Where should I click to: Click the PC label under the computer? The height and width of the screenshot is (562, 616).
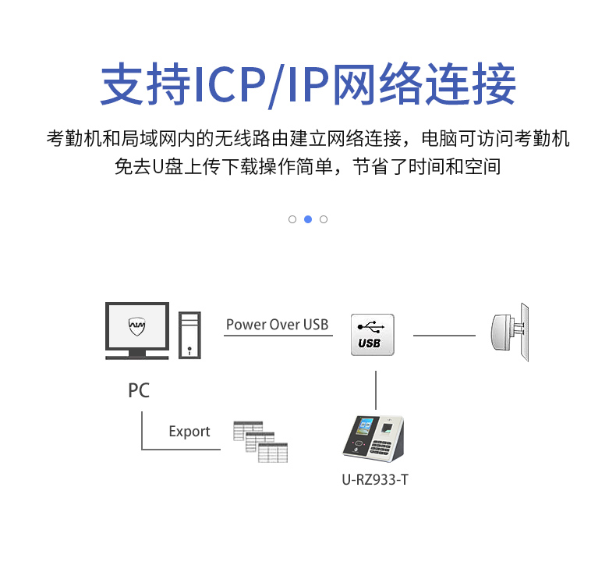coord(138,390)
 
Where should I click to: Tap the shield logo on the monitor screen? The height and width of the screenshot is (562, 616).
coord(137,325)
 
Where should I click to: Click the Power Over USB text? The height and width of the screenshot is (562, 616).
coord(277,325)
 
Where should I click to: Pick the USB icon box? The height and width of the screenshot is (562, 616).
coord(372,335)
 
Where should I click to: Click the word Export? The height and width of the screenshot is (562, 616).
coord(189,432)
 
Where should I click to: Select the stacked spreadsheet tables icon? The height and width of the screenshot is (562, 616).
coord(260,442)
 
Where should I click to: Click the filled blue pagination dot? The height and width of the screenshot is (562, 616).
coord(308,219)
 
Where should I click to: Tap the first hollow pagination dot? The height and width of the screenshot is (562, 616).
coord(292,219)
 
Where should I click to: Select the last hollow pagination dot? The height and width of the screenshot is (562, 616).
coord(324,219)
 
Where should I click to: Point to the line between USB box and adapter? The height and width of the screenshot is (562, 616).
coord(444,336)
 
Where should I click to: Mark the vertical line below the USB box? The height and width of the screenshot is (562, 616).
coord(376,388)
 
